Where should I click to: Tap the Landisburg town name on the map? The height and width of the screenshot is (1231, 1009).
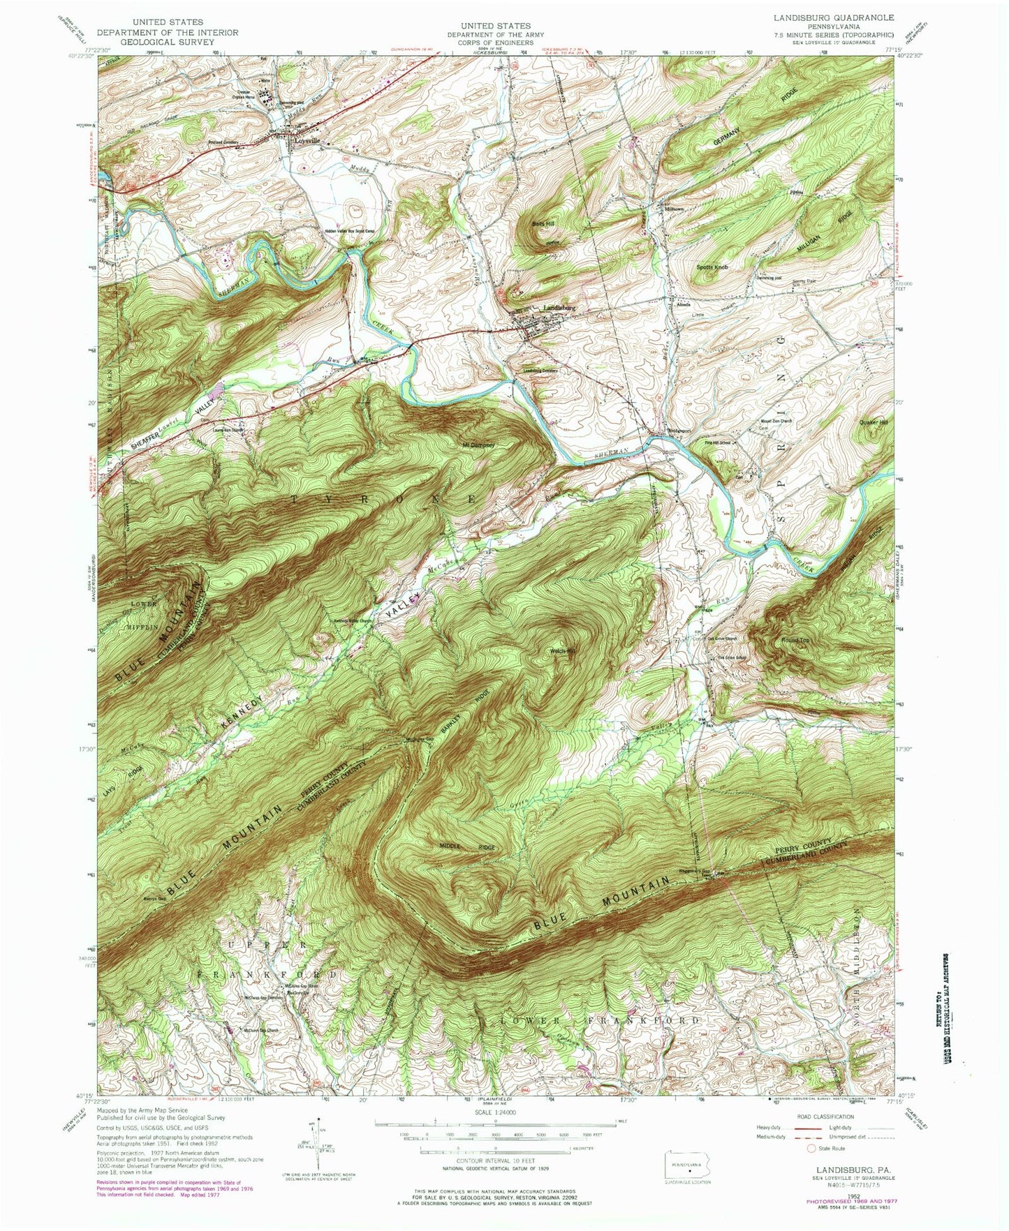click(559, 307)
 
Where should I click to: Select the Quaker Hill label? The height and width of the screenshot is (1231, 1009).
click(874, 423)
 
